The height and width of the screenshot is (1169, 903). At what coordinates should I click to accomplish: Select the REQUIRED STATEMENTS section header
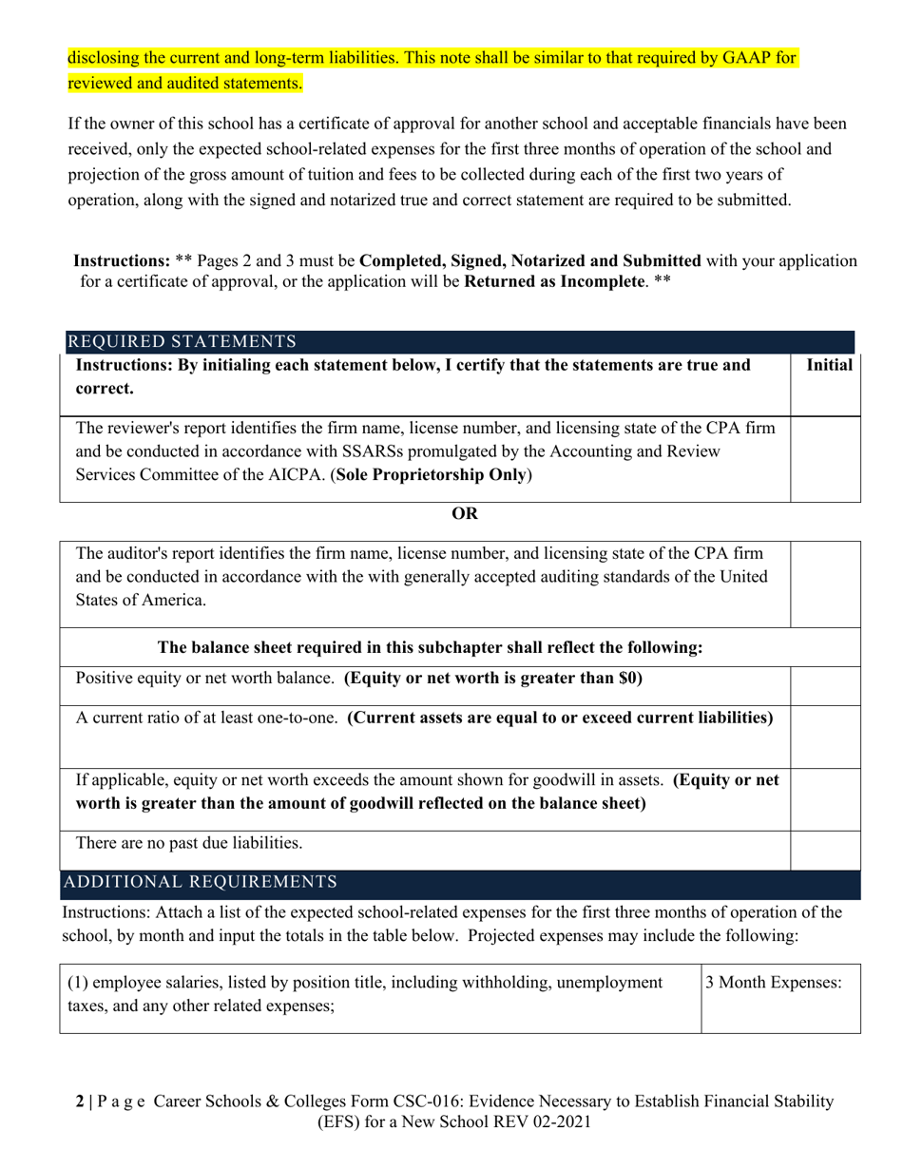pyautogui.click(x=181, y=341)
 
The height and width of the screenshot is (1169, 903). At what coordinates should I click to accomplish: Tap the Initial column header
pyautogui.click(x=828, y=365)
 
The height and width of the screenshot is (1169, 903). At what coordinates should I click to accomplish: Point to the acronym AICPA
pyautogui.click(x=295, y=474)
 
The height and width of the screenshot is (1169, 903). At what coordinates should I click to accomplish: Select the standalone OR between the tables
pyautogui.click(x=465, y=513)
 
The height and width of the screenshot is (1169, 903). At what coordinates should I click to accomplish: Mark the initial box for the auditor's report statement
pyautogui.click(x=826, y=584)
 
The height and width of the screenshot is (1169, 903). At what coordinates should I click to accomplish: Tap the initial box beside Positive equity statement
pyautogui.click(x=826, y=685)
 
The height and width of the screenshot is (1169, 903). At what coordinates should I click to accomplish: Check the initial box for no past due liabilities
pyautogui.click(x=826, y=851)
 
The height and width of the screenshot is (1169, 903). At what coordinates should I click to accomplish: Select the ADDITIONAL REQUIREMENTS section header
pyautogui.click(x=199, y=882)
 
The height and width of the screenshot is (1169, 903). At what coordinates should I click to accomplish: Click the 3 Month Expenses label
pyautogui.click(x=773, y=983)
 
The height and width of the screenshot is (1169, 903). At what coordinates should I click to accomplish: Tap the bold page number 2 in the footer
pyautogui.click(x=79, y=1102)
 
